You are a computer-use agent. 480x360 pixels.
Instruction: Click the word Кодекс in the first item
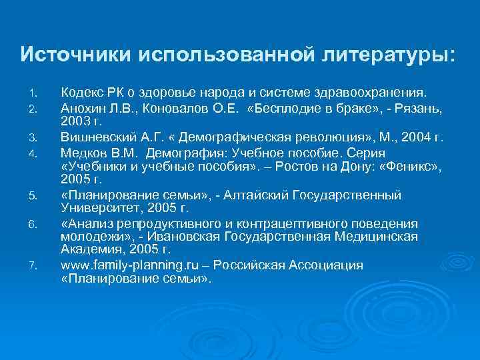pos(80,91)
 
